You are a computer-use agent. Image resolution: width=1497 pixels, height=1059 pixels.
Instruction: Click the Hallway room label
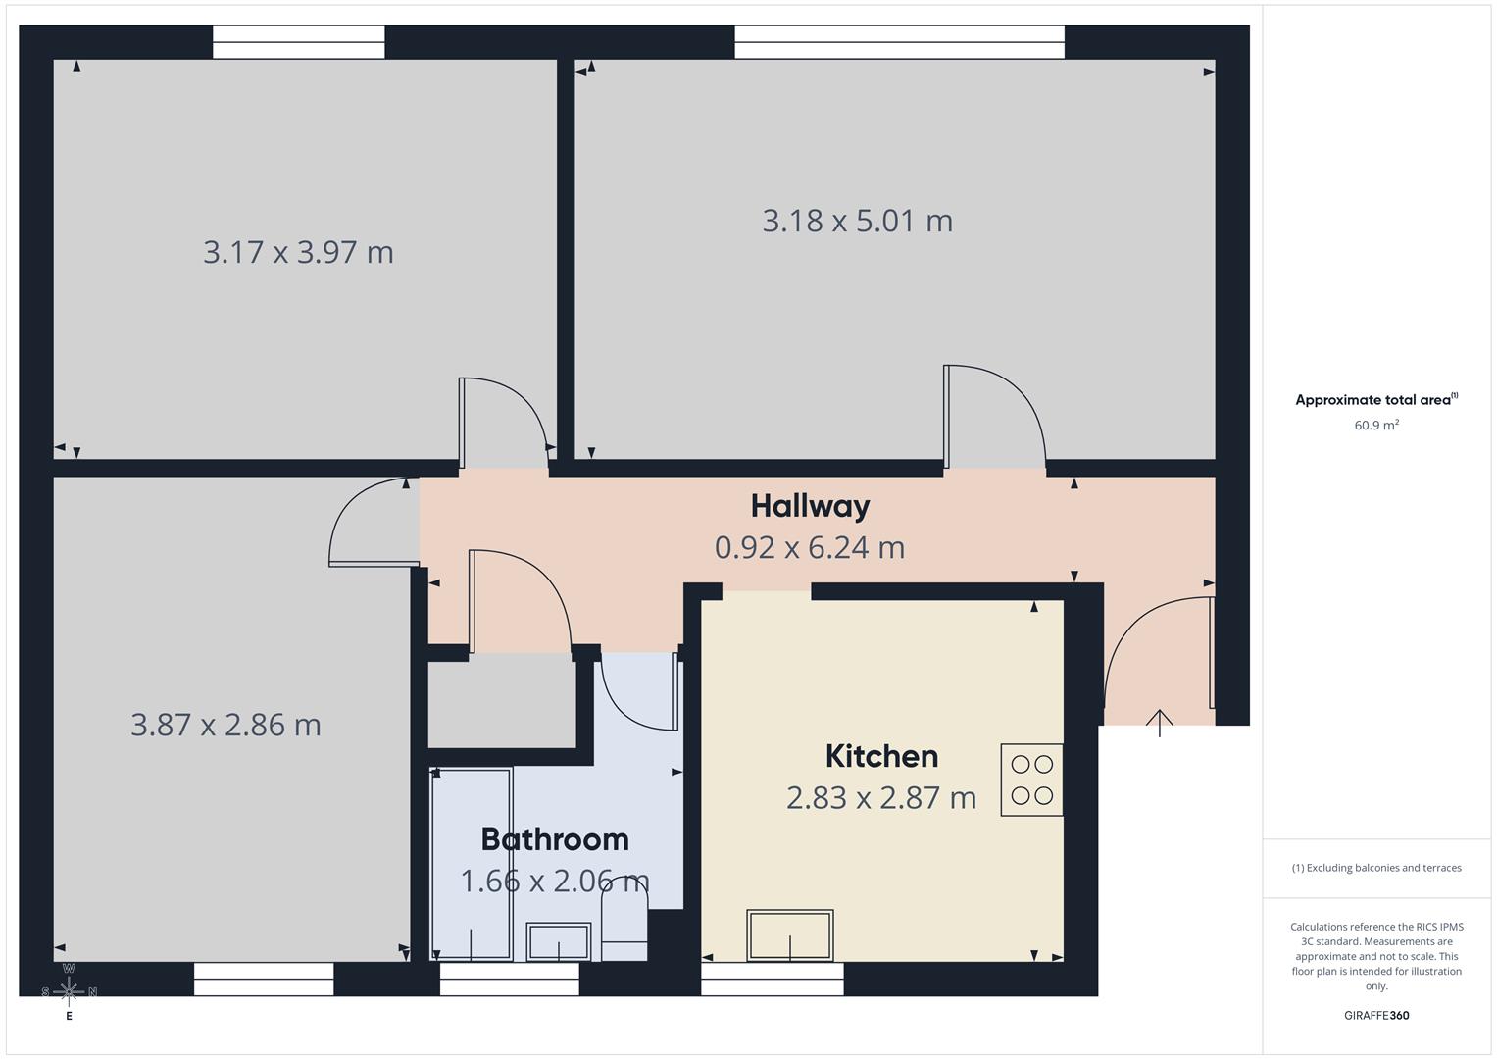click(810, 506)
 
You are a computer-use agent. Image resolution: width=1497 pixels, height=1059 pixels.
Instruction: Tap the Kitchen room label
click(881, 756)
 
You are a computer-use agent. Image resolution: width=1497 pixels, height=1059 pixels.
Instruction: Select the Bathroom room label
click(554, 839)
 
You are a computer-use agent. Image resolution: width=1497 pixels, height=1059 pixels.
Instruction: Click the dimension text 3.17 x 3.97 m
click(298, 252)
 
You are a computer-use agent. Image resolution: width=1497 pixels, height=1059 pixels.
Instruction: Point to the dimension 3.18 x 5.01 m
click(857, 221)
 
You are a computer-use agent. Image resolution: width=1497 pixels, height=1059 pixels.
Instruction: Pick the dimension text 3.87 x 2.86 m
click(225, 725)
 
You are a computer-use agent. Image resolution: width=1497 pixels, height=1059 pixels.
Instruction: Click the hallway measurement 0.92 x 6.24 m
click(809, 547)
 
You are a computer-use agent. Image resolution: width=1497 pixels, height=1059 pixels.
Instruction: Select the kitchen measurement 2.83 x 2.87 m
click(880, 798)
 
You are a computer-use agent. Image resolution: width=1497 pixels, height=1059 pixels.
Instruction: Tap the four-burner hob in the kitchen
click(1031, 780)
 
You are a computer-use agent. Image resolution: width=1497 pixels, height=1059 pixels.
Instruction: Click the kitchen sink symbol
click(790, 935)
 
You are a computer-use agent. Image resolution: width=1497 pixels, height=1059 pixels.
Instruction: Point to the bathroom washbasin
click(558, 941)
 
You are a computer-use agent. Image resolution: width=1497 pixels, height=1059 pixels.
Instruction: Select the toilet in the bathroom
click(624, 932)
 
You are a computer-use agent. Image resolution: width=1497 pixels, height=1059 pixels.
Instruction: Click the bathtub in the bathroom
click(472, 864)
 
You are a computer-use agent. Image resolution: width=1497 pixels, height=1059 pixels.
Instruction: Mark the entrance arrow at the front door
click(1159, 723)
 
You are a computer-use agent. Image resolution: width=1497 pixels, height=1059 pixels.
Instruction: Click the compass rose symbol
click(69, 991)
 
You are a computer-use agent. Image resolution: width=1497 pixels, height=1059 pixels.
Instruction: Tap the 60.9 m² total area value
click(1375, 426)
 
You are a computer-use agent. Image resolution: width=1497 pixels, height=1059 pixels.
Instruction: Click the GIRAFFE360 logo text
click(1375, 1015)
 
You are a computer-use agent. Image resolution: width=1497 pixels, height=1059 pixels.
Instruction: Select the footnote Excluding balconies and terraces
click(1375, 868)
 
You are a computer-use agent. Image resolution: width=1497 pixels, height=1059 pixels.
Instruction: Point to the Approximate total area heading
click(1375, 400)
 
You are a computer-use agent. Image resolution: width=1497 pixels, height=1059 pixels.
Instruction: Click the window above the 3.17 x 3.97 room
click(298, 42)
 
